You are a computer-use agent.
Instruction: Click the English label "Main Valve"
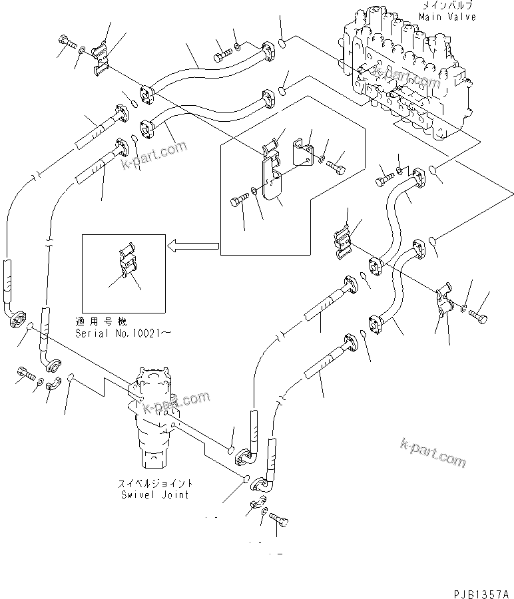point(447,17)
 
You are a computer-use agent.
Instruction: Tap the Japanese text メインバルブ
point(447,6)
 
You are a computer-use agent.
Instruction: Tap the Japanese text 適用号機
point(97,321)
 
